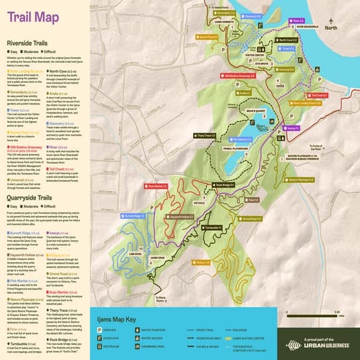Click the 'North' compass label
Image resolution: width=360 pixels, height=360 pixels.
tap(331, 29)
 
